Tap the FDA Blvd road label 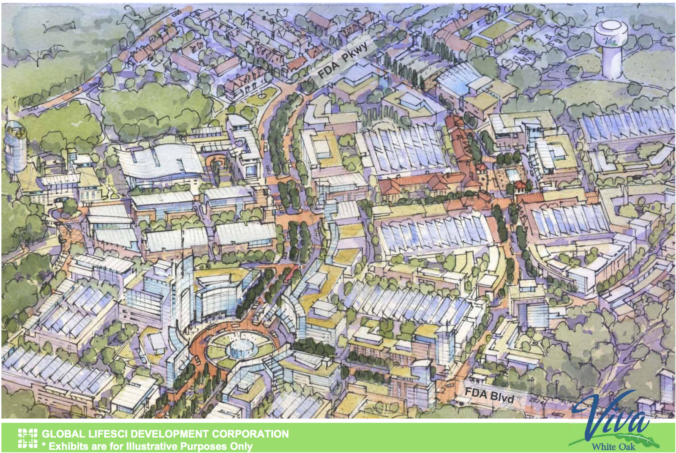tap(489, 395)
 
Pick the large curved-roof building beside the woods tap(161, 163)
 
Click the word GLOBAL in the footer tap(64, 434)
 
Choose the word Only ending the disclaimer tap(241, 446)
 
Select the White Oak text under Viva tap(613, 446)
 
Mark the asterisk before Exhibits tap(44, 445)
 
